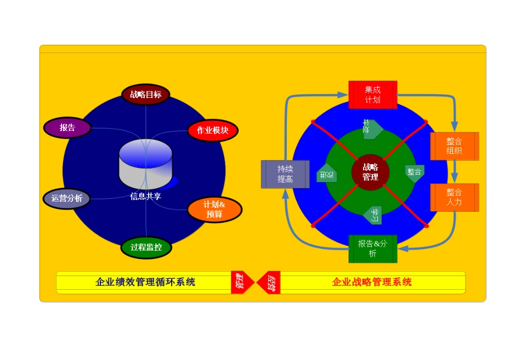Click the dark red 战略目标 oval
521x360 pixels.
(145, 94)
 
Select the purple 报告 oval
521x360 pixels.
(67, 128)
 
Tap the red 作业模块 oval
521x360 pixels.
(212, 131)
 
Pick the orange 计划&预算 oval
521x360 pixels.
(214, 210)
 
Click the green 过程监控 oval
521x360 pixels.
(146, 247)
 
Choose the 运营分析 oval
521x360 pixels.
(67, 199)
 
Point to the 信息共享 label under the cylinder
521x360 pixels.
(145, 196)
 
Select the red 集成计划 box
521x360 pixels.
(372, 94)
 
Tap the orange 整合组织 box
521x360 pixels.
(454, 146)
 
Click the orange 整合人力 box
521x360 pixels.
(454, 198)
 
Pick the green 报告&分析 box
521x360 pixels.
(372, 249)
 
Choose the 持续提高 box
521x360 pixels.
(285, 175)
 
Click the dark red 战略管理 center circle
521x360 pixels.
(370, 172)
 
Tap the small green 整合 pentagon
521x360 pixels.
(415, 172)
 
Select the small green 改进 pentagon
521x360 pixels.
(327, 175)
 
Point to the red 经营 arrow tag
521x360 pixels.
(270, 283)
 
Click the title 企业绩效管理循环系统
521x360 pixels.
(145, 282)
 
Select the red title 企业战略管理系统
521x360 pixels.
(372, 282)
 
